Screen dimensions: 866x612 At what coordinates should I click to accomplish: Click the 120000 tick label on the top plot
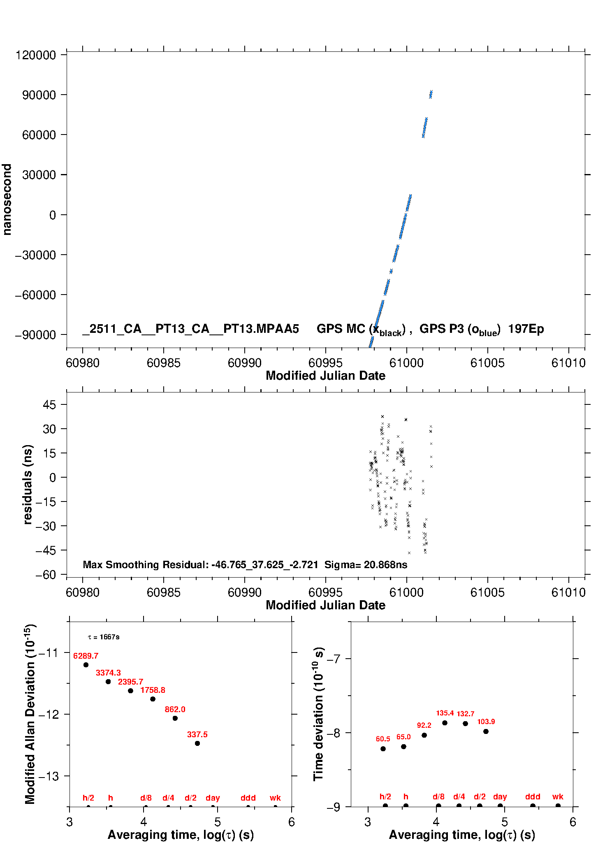pos(35,55)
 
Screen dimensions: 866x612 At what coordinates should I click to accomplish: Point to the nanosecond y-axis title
pos(7,200)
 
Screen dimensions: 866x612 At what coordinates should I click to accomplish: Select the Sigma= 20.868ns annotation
pos(366,564)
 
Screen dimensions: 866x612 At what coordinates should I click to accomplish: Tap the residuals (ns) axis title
pos(28,484)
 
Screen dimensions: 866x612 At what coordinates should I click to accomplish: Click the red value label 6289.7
pos(86,656)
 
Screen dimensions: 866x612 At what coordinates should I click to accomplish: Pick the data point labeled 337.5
pos(197,743)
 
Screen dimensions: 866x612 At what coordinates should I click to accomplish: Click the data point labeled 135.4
pos(445,723)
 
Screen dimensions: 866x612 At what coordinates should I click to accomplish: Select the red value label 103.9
pos(486,722)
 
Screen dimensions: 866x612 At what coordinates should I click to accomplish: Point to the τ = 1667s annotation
pos(104,637)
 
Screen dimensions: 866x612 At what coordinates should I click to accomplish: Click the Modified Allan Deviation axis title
pos(30,714)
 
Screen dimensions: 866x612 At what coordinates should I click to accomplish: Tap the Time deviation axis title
pos(319,714)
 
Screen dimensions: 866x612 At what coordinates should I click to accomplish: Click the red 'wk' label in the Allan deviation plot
pos(275,798)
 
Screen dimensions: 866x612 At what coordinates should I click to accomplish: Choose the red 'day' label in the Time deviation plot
pos(500,796)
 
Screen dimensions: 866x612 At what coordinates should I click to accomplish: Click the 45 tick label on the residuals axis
pos(49,405)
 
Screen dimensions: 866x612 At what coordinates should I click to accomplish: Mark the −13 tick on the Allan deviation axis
pos(49,776)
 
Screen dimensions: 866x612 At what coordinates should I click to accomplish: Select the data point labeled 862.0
pos(175,718)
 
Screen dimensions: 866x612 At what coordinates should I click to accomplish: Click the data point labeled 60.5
pos(383,749)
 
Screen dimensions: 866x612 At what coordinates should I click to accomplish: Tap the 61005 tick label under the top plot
pos(487,363)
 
